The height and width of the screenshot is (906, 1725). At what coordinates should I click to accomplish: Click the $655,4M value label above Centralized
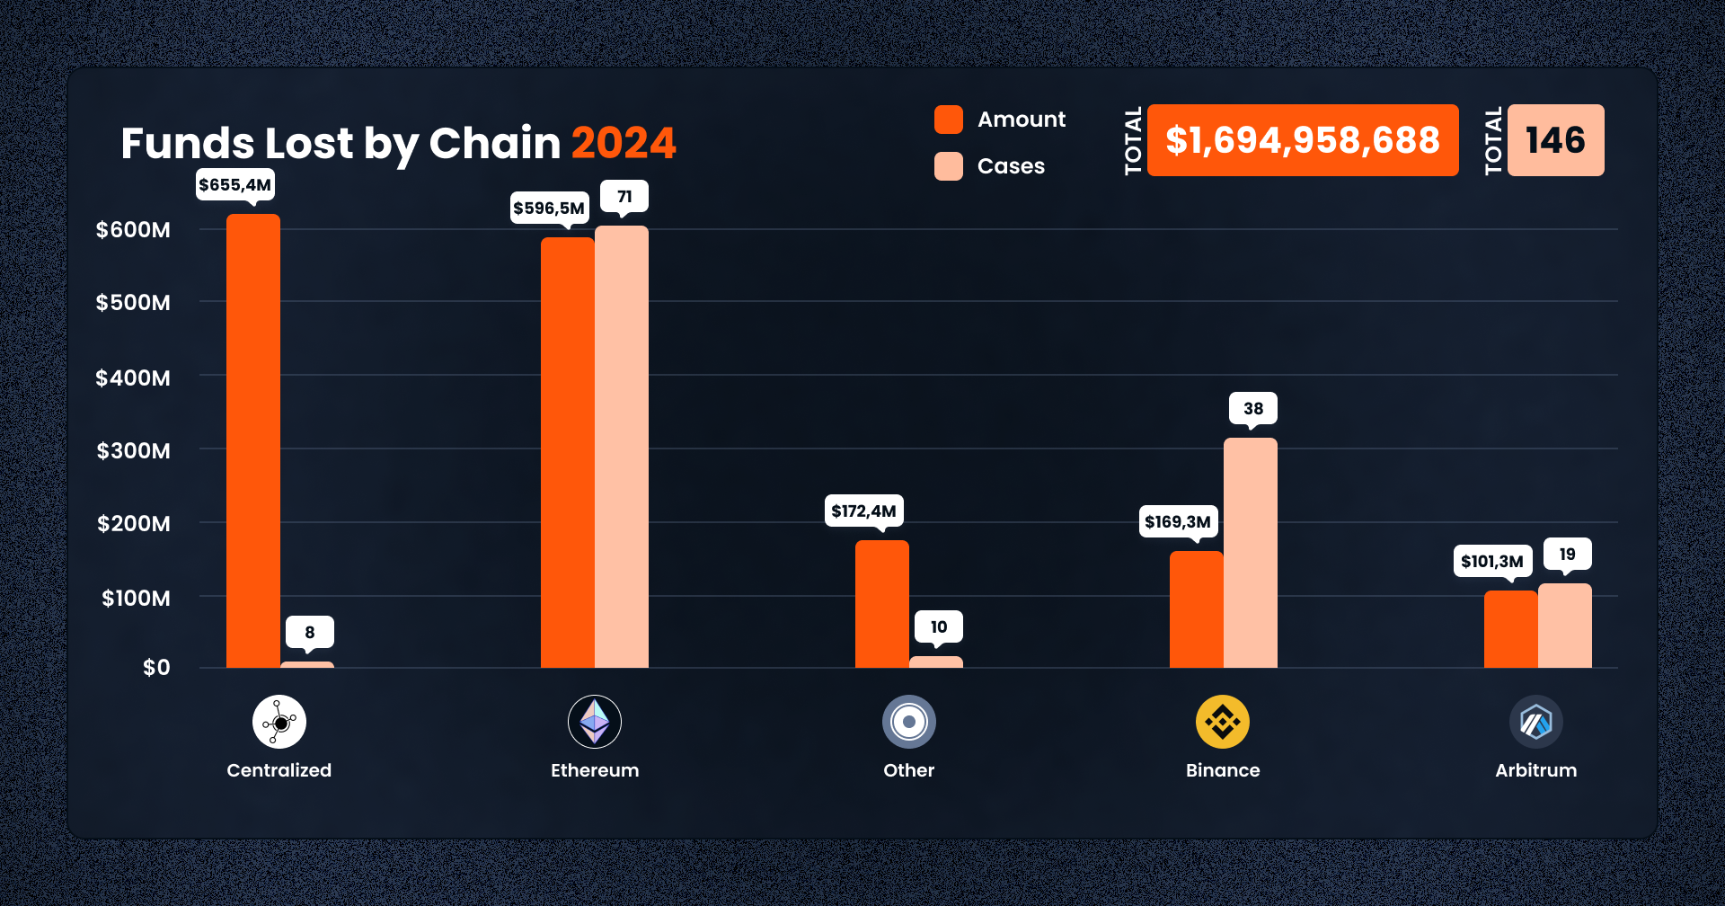(x=234, y=185)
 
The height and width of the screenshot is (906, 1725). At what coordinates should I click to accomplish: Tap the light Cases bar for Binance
(x=1250, y=553)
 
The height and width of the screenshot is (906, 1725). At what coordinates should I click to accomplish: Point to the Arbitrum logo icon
(x=1535, y=722)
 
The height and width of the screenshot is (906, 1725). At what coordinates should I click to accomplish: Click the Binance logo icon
(x=1222, y=722)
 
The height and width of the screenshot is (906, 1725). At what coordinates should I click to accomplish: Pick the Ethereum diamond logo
(x=594, y=722)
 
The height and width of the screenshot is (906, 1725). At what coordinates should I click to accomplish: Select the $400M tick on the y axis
(x=133, y=377)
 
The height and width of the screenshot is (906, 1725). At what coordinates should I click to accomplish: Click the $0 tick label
(x=156, y=668)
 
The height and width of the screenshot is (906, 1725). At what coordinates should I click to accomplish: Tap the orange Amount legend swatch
(x=948, y=120)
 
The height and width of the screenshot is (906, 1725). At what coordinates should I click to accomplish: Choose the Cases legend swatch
(x=948, y=166)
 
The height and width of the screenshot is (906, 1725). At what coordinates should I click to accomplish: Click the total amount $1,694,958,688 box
(x=1302, y=140)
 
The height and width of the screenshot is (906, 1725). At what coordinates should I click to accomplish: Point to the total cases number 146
(x=1555, y=140)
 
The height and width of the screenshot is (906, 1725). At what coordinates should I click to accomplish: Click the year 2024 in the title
(x=624, y=144)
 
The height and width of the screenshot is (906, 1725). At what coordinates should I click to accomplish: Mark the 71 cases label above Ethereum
(x=624, y=197)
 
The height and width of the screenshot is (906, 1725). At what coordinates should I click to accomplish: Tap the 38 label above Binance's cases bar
(x=1253, y=409)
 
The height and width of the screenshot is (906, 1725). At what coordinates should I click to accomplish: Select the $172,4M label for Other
(x=863, y=511)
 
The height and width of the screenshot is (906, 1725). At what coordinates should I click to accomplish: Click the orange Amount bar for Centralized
(x=252, y=440)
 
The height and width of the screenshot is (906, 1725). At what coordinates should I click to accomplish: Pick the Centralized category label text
(x=279, y=770)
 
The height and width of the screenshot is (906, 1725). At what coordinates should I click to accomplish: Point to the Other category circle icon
(x=908, y=722)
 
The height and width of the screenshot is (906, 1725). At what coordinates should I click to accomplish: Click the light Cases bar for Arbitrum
(x=1564, y=626)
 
